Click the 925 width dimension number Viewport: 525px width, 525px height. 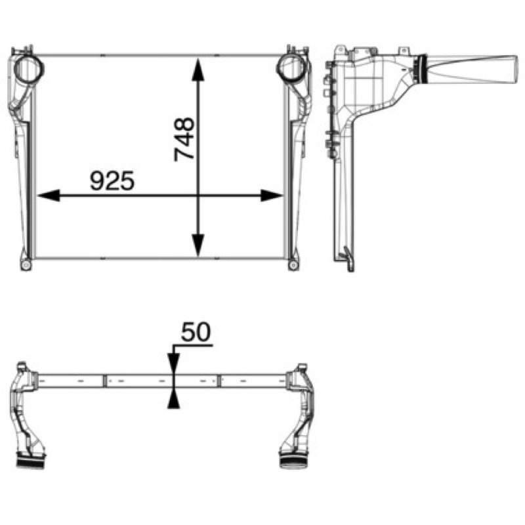(x=112, y=181)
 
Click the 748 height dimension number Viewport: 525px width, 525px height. (x=184, y=139)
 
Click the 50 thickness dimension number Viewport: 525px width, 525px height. (x=196, y=332)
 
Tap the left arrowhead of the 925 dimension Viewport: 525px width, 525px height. (x=48, y=196)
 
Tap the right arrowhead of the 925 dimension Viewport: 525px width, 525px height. (x=272, y=196)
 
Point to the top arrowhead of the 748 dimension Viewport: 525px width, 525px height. (x=198, y=70)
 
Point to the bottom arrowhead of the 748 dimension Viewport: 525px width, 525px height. (x=198, y=245)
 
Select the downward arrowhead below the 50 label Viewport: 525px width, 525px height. (x=173, y=364)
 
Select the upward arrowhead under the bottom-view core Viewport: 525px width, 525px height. (x=173, y=398)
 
